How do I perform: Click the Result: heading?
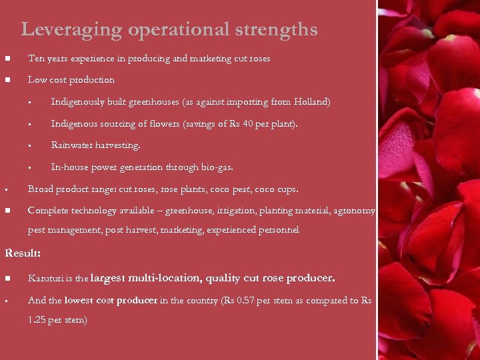click(x=23, y=253)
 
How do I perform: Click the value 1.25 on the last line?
click(x=38, y=320)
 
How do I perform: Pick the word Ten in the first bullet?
click(x=35, y=59)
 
